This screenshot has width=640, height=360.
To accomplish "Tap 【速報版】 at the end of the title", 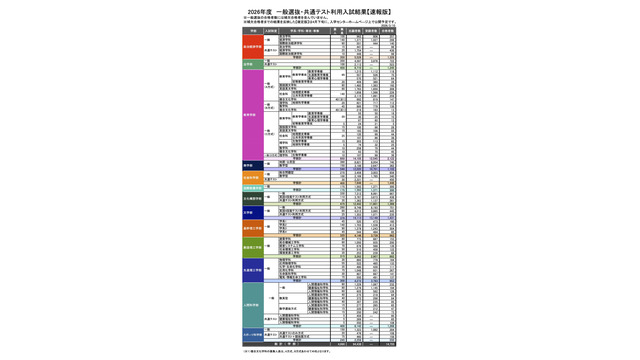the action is pos(376,11).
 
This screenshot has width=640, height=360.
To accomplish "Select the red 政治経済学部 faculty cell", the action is pos(253,46).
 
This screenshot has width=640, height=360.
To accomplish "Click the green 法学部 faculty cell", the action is pos(253,63).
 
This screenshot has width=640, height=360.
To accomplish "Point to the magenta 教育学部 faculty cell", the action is pos(253,113).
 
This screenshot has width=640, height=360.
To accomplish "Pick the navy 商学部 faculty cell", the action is pos(253,165).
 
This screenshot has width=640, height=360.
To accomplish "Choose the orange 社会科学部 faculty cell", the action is pos(253,177).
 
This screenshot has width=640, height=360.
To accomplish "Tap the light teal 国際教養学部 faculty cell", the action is pos(253,188).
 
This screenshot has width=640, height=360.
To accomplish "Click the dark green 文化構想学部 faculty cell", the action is pos(253,199).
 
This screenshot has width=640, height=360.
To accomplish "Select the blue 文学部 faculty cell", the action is pos(253,212).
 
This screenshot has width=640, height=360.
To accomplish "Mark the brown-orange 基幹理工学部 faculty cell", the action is pos(253,228).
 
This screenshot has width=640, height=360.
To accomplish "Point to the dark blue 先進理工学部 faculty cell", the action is pos(253,271).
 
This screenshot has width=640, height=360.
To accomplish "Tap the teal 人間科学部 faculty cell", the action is pos(253,304).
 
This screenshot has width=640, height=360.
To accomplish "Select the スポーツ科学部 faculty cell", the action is pos(253,335).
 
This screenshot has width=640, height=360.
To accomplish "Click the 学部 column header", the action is pos(253,30).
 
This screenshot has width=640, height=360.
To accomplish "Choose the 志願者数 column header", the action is pos(351,30).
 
